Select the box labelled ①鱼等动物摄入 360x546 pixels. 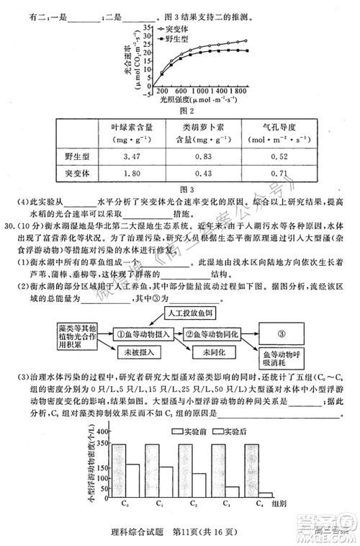(x=144, y=334)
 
